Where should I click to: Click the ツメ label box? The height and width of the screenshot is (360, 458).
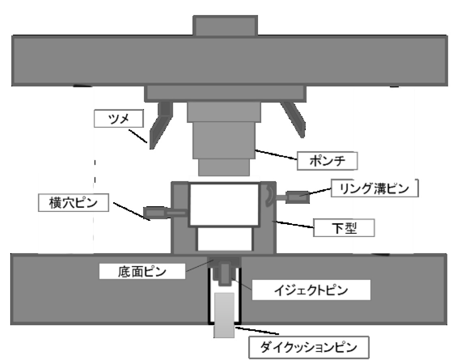(118, 119)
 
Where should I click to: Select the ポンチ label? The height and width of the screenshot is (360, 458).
(327, 161)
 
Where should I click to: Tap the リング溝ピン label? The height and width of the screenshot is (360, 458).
(375, 188)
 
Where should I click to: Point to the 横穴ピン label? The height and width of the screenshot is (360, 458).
(73, 203)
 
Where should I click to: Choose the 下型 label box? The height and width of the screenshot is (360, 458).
(344, 228)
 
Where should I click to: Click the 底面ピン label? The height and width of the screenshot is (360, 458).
(142, 272)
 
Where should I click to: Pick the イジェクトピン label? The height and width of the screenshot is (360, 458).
(311, 290)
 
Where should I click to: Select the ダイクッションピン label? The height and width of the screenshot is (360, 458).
(309, 347)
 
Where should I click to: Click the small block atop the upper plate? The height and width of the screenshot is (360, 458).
(225, 26)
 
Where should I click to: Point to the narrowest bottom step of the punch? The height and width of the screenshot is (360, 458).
(224, 168)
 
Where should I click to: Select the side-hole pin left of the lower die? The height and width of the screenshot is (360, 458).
(165, 212)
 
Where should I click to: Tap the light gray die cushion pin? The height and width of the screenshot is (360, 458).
(224, 315)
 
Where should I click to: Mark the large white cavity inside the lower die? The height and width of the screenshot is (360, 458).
(224, 204)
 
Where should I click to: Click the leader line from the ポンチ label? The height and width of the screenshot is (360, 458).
(276, 155)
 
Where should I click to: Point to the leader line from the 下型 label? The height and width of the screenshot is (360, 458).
(293, 224)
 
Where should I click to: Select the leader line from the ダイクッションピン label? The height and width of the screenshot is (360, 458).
(257, 330)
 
